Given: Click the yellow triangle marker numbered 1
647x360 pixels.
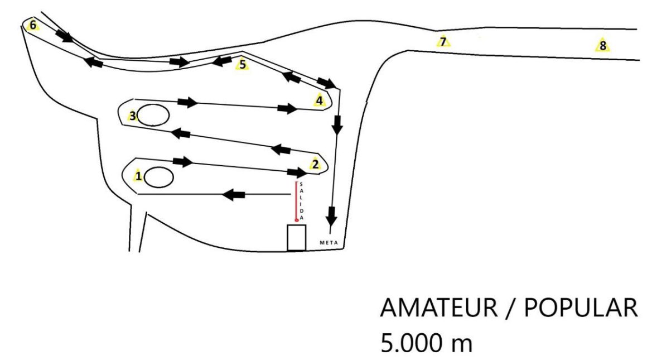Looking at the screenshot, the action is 138,176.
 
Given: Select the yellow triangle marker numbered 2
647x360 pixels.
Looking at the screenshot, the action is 315,164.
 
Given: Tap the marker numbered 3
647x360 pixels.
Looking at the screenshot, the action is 132,116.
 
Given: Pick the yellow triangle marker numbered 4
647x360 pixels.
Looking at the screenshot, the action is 319,100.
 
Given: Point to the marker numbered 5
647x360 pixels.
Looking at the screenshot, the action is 243,64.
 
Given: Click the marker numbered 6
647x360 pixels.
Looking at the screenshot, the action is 32,25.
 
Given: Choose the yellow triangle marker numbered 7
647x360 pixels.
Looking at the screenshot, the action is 443,42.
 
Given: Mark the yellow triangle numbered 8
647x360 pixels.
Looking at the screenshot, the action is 603,45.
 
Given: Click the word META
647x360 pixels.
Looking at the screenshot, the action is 329,243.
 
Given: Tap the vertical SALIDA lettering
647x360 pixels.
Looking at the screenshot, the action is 302,201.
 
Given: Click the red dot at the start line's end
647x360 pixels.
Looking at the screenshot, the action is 296,220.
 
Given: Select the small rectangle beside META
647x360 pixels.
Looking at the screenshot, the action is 297,237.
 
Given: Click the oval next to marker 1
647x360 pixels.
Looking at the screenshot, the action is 159,177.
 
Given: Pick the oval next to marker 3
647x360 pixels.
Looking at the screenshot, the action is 153,115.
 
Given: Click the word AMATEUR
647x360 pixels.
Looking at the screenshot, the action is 438,308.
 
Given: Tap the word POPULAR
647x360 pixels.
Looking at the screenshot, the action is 581,308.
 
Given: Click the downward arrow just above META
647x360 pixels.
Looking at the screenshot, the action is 331,215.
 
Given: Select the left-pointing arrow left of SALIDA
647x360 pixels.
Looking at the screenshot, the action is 234,194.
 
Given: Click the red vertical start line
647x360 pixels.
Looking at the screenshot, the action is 296,200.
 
